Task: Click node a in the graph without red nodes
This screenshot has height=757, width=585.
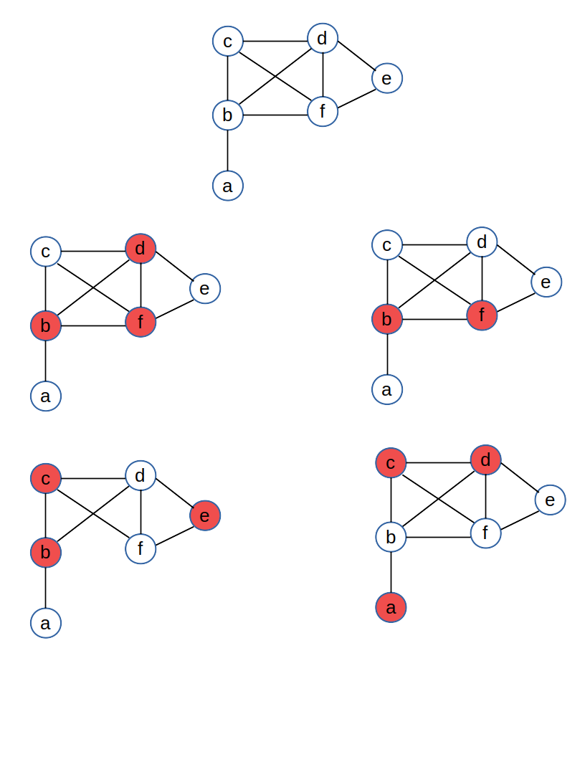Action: (x=228, y=186)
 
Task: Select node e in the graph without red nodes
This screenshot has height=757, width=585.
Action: (x=387, y=78)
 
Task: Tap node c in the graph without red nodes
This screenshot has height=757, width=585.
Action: (x=228, y=41)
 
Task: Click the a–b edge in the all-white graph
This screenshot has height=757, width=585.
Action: (x=228, y=151)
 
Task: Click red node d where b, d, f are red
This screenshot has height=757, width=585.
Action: (x=141, y=249)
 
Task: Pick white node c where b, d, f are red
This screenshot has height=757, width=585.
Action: (x=46, y=252)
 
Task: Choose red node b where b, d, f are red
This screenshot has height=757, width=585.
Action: (x=46, y=325)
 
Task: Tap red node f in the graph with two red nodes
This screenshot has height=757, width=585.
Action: (x=482, y=315)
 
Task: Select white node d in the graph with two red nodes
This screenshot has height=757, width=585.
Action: (x=482, y=242)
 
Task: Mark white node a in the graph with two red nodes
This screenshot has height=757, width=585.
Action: (x=387, y=389)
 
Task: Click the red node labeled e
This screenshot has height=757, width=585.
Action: (x=205, y=515)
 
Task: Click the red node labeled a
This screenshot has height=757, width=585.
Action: (x=391, y=608)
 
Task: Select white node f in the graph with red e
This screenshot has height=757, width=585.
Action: (x=141, y=549)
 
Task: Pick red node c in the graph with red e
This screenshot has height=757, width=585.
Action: (x=46, y=478)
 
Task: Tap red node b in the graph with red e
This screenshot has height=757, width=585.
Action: (x=46, y=553)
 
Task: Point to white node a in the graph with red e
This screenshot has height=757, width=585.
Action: (x=46, y=623)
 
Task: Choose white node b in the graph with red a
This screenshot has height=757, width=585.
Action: (x=391, y=537)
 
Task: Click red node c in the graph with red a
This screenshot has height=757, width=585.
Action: (x=391, y=463)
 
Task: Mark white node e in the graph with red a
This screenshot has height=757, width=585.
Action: (x=550, y=500)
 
